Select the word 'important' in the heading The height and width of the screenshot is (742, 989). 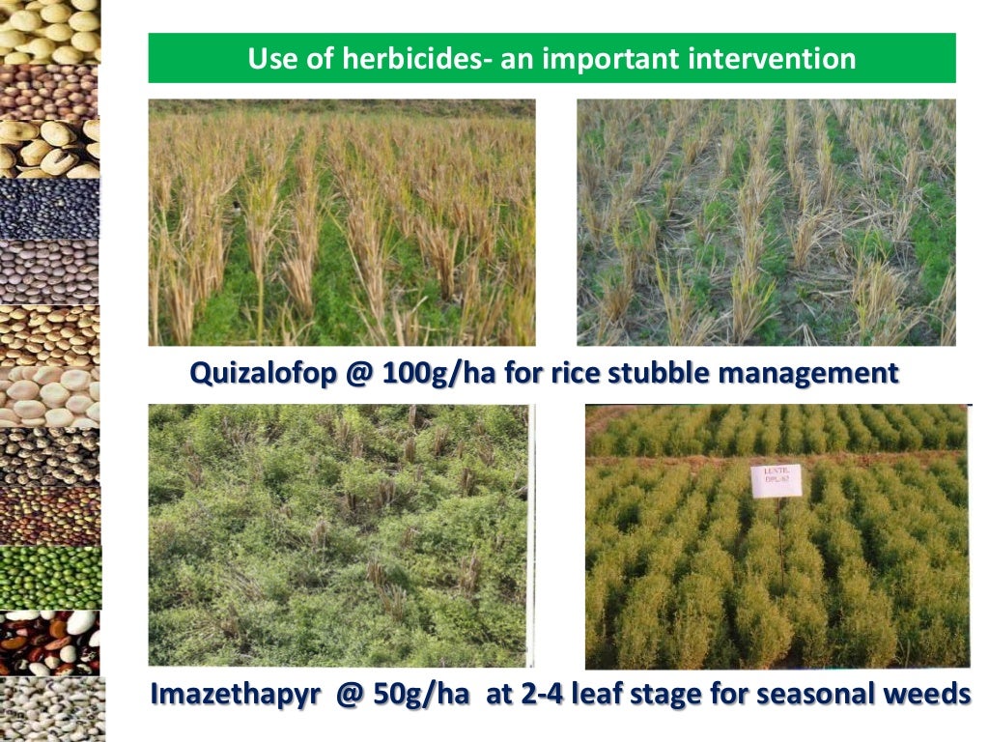coord(610,59)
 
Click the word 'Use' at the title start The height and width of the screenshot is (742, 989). coord(271,59)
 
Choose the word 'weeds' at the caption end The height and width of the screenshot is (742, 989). coord(923,694)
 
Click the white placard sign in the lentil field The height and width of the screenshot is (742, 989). coord(776,480)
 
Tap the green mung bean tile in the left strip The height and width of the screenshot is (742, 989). coord(49,578)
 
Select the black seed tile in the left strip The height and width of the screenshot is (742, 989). coord(49,209)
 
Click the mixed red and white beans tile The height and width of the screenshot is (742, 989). coord(49,642)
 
